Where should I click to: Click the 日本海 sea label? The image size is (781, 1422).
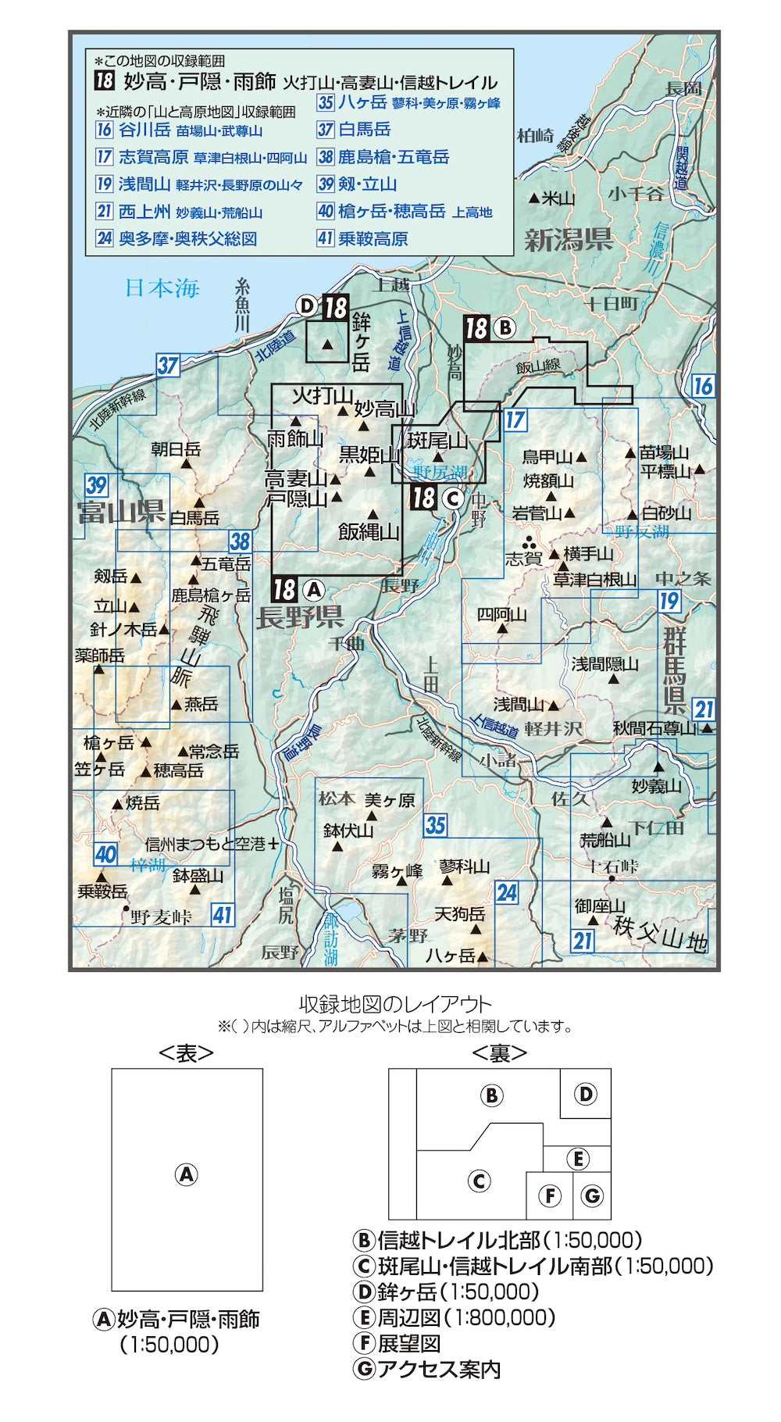[x=162, y=288]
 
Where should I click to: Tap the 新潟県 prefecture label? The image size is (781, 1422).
[x=569, y=240]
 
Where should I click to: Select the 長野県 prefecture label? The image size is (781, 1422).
[x=300, y=618]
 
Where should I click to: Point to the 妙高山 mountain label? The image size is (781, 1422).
[x=384, y=409]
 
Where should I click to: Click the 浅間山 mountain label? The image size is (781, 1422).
[x=519, y=705]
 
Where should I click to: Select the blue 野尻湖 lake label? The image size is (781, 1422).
[x=440, y=471]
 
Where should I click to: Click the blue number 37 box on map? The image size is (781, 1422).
[x=168, y=365]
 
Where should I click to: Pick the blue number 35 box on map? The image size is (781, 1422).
[x=436, y=825]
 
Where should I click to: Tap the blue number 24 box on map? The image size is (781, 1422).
[x=506, y=892]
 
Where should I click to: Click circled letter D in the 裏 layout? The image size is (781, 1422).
[x=586, y=1094]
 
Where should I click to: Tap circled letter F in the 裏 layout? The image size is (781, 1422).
[x=550, y=1195]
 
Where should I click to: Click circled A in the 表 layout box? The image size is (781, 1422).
[x=186, y=1174]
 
